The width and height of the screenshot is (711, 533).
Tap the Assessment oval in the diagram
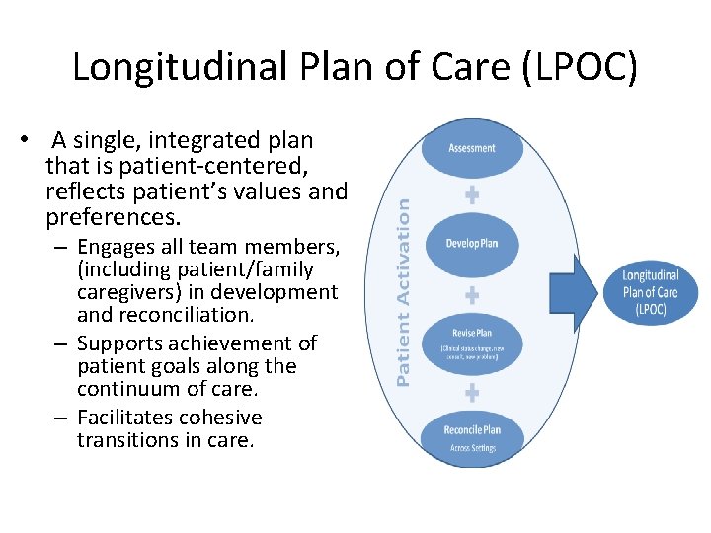coord(472,149)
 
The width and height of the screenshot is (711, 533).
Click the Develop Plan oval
coord(472,243)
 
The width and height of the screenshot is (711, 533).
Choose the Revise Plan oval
coord(472,341)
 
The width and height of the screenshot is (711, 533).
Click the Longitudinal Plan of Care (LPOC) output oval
coord(651,292)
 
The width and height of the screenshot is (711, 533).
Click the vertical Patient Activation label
coord(403,288)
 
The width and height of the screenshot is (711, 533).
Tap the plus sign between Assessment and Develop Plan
coord(472,195)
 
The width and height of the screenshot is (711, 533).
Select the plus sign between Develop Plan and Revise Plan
coord(472,294)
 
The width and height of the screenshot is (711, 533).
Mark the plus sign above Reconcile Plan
coord(472,392)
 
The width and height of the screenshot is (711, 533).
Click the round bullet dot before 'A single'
coord(34,140)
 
